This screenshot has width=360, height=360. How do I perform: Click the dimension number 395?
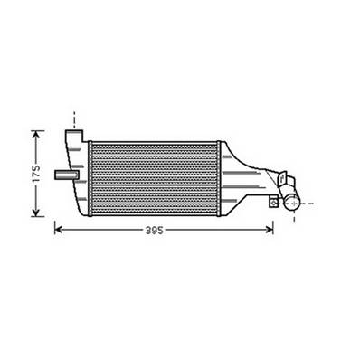pos(154,232)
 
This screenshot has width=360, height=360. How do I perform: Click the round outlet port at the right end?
pos(291,204)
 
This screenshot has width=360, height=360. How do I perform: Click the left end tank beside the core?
pos(80,181)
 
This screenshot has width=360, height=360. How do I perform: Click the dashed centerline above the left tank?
pos(74,118)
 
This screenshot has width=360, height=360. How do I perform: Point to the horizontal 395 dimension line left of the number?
pos(99,231)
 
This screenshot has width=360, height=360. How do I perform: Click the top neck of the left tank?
pos(74,136)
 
